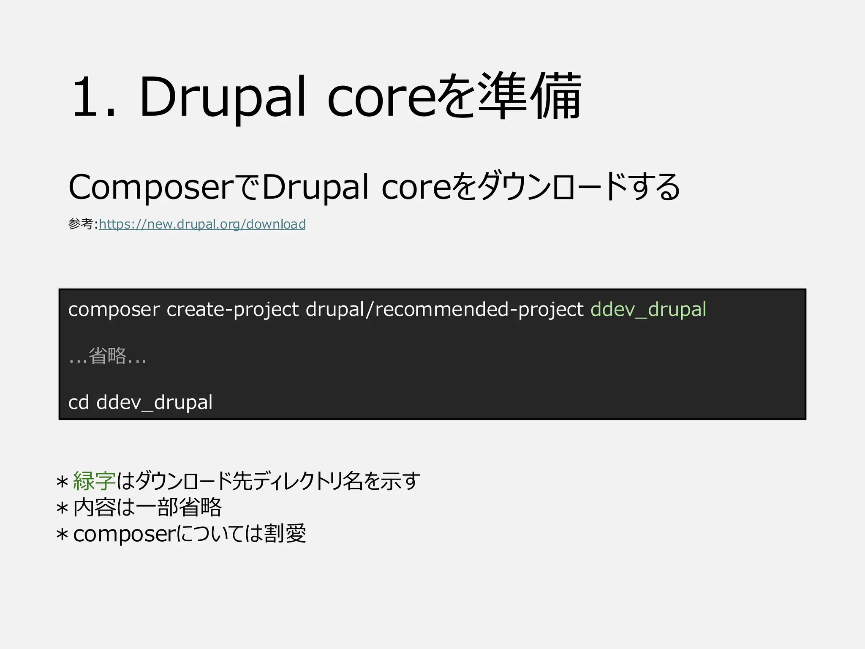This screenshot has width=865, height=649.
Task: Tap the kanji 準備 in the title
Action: (x=530, y=96)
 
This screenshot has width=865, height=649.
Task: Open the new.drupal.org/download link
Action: (x=202, y=224)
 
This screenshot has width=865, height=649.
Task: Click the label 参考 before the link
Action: (x=80, y=224)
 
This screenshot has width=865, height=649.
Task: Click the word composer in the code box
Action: (x=114, y=310)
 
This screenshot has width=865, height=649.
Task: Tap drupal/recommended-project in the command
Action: (x=444, y=310)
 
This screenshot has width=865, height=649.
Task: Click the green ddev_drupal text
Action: (x=648, y=310)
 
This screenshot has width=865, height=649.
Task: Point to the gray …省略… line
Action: (x=107, y=356)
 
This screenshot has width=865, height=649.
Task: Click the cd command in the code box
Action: (x=79, y=402)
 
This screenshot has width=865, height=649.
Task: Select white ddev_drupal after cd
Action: (x=155, y=402)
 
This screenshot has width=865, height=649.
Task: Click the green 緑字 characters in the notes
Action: (x=94, y=481)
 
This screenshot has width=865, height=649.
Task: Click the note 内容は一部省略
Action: (x=147, y=507)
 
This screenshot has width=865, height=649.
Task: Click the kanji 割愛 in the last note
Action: (x=285, y=534)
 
